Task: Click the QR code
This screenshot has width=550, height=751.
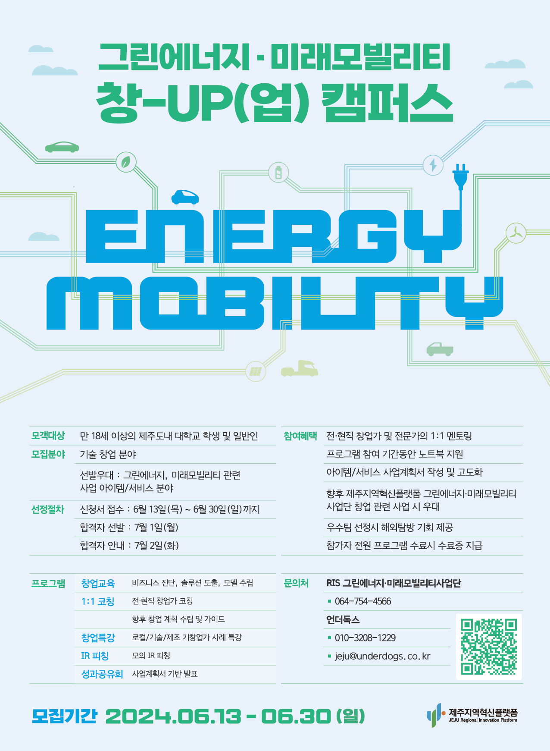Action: click(489, 647)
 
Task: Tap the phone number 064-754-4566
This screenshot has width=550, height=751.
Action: click(363, 601)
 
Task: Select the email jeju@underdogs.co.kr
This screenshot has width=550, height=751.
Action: click(382, 657)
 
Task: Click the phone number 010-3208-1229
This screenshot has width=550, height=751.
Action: click(365, 638)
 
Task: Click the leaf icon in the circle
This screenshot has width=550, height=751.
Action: click(126, 162)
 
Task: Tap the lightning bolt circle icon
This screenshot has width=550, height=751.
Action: click(433, 165)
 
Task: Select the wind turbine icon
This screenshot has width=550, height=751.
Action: click(516, 233)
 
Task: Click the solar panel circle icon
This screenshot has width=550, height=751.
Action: click(256, 371)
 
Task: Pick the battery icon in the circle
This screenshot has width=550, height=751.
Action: click(278, 173)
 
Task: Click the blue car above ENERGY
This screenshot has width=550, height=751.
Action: click(185, 197)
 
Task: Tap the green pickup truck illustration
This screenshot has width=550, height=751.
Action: click(440, 349)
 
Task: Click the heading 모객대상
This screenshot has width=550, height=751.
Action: click(48, 436)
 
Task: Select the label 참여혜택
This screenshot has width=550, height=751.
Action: click(300, 436)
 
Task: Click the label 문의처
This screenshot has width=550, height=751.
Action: click(296, 583)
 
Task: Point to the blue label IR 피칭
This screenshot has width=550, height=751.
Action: click(95, 656)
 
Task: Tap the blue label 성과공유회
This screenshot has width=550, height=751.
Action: click(102, 674)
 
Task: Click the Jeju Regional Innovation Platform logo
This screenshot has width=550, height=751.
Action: click(472, 715)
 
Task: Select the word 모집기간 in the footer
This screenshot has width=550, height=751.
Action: click(65, 716)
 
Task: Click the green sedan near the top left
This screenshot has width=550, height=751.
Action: click(62, 147)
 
